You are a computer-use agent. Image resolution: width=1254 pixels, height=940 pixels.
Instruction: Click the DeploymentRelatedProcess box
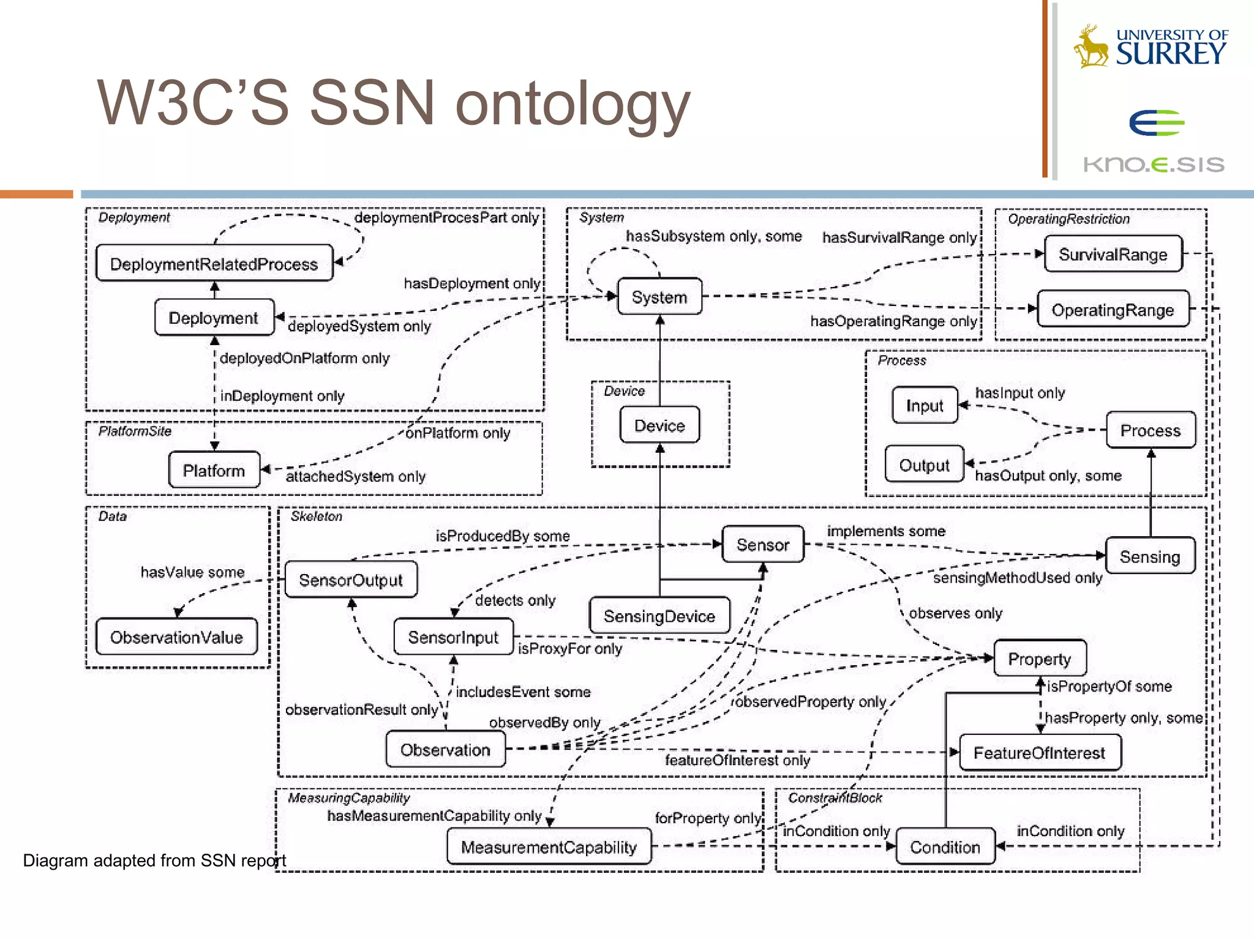[214, 264]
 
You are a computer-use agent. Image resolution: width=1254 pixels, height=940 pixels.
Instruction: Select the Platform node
[214, 470]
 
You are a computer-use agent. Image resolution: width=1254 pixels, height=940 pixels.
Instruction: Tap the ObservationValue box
[176, 637]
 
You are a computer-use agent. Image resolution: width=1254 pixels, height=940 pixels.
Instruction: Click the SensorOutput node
[351, 580]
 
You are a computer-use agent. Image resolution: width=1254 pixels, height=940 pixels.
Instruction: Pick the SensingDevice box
[659, 616]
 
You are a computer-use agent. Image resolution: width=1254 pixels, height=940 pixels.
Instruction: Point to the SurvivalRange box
[1113, 254]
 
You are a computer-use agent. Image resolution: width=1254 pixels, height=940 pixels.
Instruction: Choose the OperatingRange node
[1113, 310]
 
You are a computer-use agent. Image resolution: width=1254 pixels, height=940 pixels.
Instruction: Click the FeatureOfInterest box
[1039, 753]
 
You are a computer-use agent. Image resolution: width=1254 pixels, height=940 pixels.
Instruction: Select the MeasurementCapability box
[549, 847]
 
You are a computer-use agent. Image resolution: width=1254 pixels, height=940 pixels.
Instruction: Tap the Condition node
[945, 847]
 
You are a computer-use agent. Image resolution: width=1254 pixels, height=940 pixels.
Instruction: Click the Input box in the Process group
[925, 406]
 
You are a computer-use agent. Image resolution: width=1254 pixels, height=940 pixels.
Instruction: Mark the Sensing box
[1149, 556]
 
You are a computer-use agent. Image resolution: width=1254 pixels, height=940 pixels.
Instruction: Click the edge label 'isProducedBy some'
[503, 535]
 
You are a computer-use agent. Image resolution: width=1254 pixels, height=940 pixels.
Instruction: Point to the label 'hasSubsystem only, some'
[713, 236]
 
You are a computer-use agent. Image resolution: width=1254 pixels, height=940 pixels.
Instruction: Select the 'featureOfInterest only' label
[737, 760]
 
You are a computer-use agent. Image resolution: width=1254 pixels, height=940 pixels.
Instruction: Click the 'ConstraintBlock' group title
[835, 798]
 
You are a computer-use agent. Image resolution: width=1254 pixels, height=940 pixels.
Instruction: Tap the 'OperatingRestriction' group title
[1068, 219]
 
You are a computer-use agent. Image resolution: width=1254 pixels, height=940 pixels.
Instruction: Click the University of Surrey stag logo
[1091, 47]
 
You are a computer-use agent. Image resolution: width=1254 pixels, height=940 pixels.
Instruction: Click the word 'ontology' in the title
[573, 104]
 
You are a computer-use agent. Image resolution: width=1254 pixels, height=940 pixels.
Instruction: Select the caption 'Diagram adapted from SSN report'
[154, 860]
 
